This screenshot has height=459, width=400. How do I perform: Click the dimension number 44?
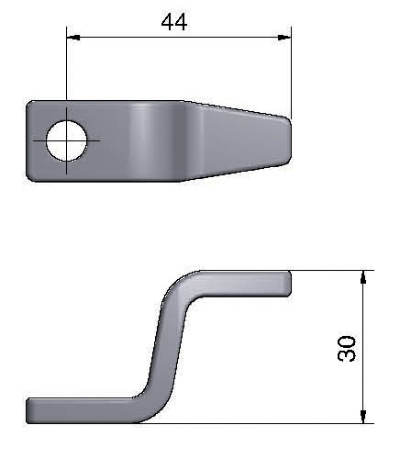tap(174, 22)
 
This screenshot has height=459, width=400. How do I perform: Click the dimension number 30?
tap(347, 349)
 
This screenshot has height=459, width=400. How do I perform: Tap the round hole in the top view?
tap(67, 140)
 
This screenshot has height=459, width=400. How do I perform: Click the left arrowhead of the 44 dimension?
tap(73, 38)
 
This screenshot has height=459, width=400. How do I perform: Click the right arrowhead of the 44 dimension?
tap(284, 38)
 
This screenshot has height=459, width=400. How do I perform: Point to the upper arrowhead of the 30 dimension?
tap(363, 277)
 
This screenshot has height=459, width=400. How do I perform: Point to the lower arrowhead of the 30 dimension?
tap(363, 417)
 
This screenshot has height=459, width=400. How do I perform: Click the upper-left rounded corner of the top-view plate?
tap(29, 104)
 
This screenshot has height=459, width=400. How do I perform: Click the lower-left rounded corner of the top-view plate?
tap(29, 178)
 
